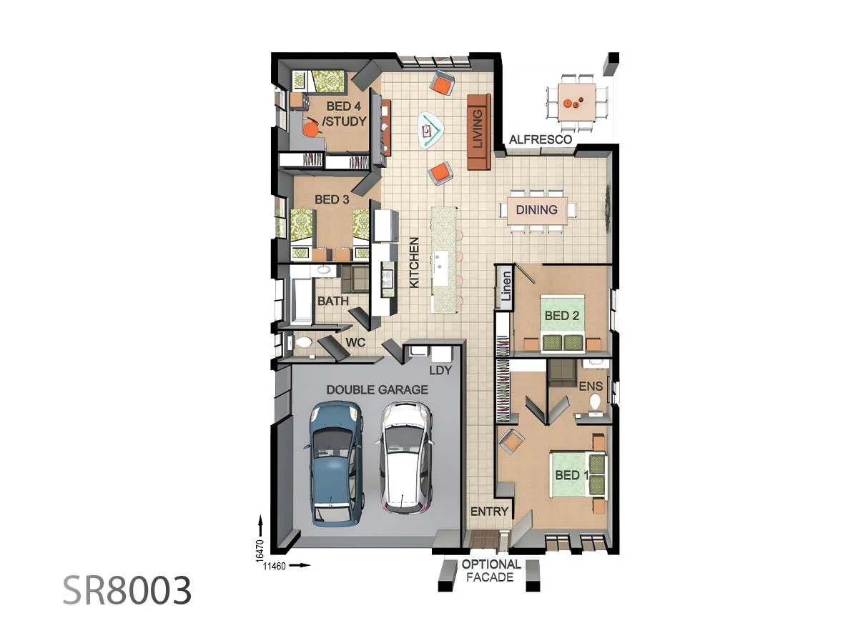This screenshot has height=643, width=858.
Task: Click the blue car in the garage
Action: click(337, 464)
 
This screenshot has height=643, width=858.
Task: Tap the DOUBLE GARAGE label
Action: click(378, 389)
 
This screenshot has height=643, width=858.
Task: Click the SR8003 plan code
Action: click(127, 590)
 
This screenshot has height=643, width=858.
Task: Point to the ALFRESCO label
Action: click(541, 139)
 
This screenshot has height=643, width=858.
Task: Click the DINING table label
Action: click(537, 209)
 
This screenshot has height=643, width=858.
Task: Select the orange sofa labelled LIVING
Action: click(479, 132)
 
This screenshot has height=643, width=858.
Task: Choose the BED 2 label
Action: click(562, 316)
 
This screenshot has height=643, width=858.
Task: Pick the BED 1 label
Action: click(571, 474)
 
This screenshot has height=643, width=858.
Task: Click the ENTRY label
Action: click(489, 512)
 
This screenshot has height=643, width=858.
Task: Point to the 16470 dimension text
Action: click(260, 551)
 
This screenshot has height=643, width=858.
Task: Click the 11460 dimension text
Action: click(275, 566)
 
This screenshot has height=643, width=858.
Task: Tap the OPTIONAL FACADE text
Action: click(491, 570)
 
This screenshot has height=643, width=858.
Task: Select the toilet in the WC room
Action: click(303, 343)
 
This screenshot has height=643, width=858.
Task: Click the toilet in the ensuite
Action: click(595, 402)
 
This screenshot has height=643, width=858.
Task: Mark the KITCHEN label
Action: click(414, 262)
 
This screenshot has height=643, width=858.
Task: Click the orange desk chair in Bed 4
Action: click(311, 127)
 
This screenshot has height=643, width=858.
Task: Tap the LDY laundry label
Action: click(440, 370)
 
